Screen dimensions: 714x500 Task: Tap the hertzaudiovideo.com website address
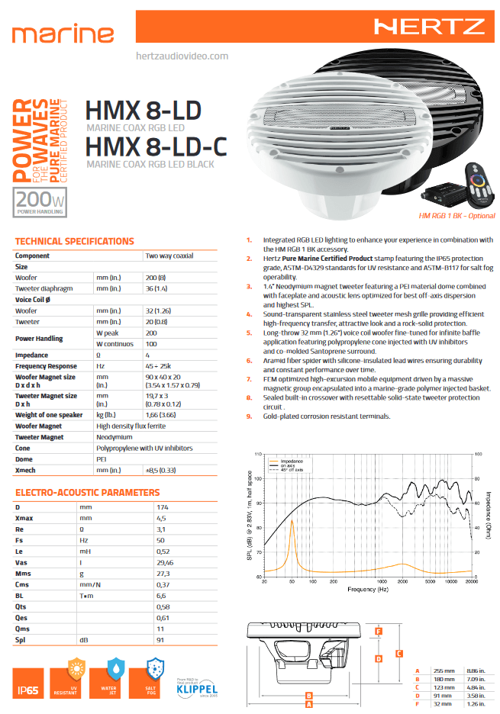[181, 56]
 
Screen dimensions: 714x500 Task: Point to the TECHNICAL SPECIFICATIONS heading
[74, 241]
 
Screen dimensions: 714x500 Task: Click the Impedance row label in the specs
[32, 355]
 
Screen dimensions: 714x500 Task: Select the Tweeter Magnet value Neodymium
[163, 437]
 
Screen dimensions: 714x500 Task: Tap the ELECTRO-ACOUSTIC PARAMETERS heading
[87, 493]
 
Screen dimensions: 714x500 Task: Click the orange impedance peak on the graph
[292, 523]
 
